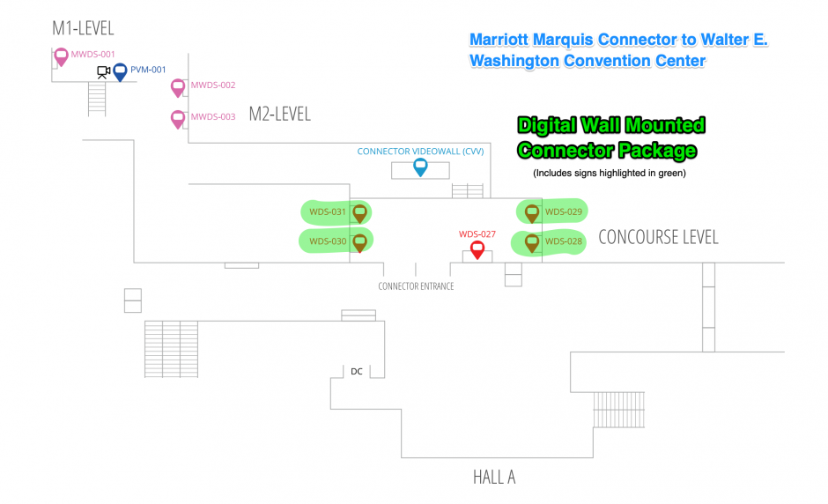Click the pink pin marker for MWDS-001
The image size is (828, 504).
[x=61, y=56]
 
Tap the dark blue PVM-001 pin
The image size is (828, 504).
[x=120, y=71]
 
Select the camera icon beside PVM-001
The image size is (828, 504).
[x=103, y=72]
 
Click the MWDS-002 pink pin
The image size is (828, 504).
[x=178, y=87]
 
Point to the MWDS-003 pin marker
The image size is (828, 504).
[x=178, y=118]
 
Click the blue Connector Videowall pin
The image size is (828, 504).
[x=420, y=166]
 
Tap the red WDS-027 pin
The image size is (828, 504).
[x=477, y=248]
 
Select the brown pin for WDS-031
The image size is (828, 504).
[x=359, y=212]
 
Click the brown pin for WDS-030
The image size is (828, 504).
[x=359, y=241]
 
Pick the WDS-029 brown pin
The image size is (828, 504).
[x=532, y=212]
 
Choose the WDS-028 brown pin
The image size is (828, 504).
[x=532, y=241]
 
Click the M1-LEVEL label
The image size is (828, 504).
[x=83, y=29]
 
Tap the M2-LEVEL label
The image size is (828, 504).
[x=279, y=114]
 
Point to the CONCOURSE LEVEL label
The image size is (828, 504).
[x=658, y=237]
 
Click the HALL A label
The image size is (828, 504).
[x=493, y=478]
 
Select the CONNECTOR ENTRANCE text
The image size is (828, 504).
[x=416, y=286]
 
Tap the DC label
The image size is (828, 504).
[x=357, y=372]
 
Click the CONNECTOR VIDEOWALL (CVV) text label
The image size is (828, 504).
[x=420, y=152]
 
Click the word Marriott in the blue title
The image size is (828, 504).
[x=505, y=41]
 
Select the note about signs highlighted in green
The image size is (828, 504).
[x=609, y=173]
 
